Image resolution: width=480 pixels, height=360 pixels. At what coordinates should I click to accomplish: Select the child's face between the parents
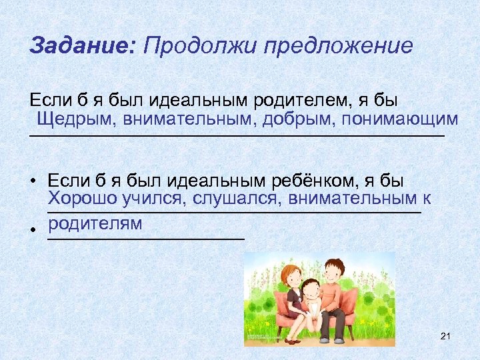click(x=310, y=290)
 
